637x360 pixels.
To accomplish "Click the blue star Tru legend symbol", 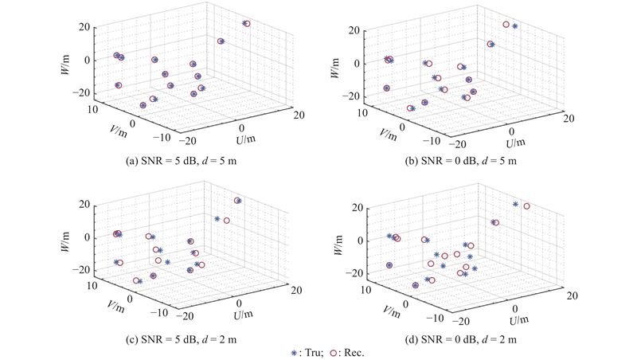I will coord(295,351).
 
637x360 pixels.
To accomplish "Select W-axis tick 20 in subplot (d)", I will coord(357,208).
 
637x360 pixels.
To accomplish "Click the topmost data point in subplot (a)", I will coord(247,24).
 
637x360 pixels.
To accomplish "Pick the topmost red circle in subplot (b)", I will coord(506,25).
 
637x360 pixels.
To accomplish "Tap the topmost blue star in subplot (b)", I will coord(515,26).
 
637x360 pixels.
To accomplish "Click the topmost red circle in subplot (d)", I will coord(526,206).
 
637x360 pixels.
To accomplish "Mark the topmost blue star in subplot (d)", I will coord(516,205).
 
